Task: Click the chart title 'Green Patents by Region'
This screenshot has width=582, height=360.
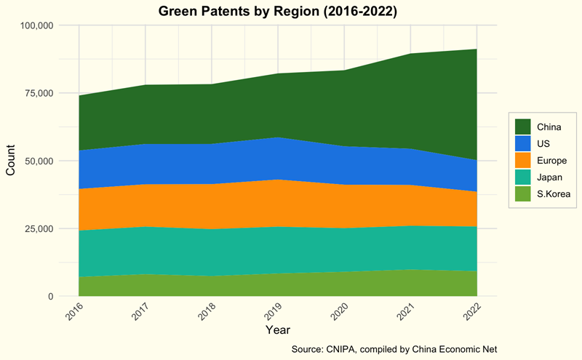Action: click(287, 11)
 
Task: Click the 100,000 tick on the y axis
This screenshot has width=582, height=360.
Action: click(35, 25)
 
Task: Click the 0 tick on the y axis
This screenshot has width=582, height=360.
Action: click(51, 296)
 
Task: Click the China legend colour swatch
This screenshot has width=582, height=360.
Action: click(523, 127)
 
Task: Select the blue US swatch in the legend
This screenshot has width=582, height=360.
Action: click(523, 143)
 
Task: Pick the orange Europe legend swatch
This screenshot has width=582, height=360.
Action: click(523, 160)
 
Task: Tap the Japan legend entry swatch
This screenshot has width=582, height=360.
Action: click(523, 177)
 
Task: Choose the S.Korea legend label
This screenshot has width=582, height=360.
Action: click(553, 193)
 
